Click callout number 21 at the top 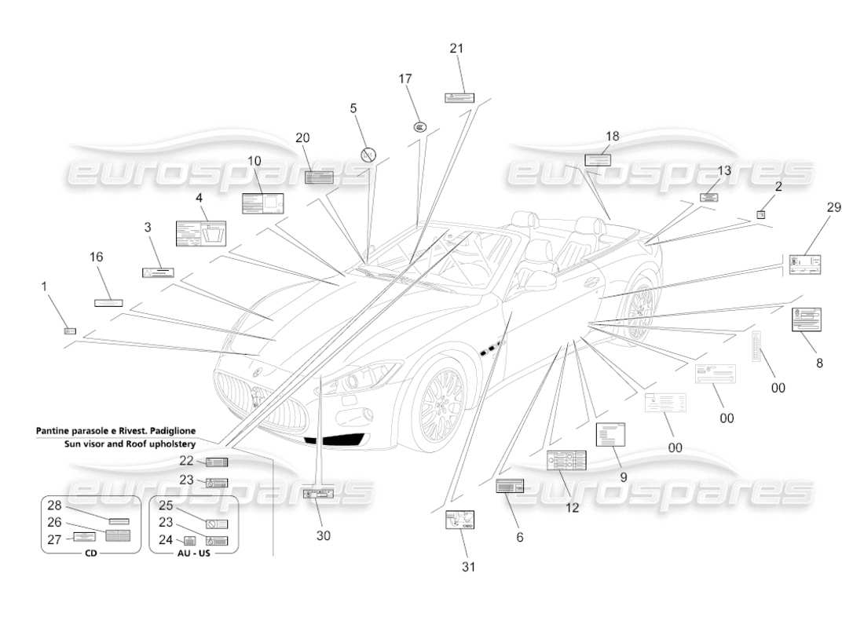pos(456,49)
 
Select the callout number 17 pos(405,79)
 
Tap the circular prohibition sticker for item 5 pos(368,155)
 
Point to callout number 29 pos(833,207)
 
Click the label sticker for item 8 pos(806,319)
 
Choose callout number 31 pos(469,566)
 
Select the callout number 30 pos(324,535)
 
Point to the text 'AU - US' pos(193,553)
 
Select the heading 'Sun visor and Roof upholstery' pos(130,444)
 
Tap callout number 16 pos(96,257)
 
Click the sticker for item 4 pos(200,232)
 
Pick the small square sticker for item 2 pos(760,214)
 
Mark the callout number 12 pos(572,508)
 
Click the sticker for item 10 pos(262,203)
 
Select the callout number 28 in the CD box pos(54,506)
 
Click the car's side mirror pos(538,279)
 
